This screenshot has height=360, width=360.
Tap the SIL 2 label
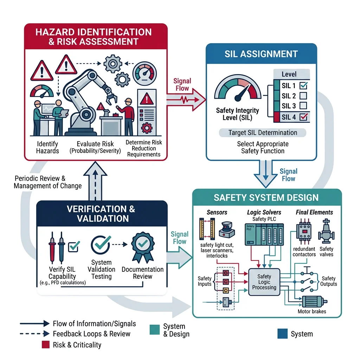point(289,96)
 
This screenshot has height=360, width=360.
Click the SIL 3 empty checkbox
point(303,106)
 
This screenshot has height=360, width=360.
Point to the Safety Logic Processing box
point(264,282)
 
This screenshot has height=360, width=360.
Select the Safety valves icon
point(326,232)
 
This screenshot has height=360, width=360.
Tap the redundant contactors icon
point(304,232)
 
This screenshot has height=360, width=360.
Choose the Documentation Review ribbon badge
point(142,246)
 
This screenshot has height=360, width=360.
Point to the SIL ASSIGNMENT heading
point(261,54)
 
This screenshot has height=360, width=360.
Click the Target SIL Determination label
point(263,133)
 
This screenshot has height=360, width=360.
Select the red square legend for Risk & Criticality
point(46,345)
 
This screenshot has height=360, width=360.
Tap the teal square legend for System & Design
point(154,329)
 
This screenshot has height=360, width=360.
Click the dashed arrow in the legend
point(34,334)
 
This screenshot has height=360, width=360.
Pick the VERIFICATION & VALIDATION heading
point(101,214)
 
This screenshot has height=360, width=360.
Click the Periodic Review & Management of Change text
point(47,182)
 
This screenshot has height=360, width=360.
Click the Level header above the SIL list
point(289,74)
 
